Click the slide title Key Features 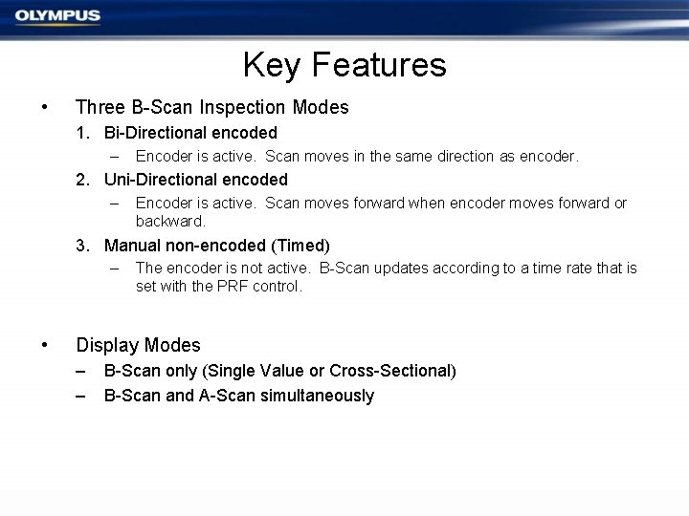coord(344,65)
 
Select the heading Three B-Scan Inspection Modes coord(211,107)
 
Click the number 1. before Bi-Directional coord(86,133)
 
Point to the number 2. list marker coord(86,180)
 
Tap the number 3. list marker coord(86,246)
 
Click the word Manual coord(132,246)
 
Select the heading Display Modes coord(138,345)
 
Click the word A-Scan coord(227,396)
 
